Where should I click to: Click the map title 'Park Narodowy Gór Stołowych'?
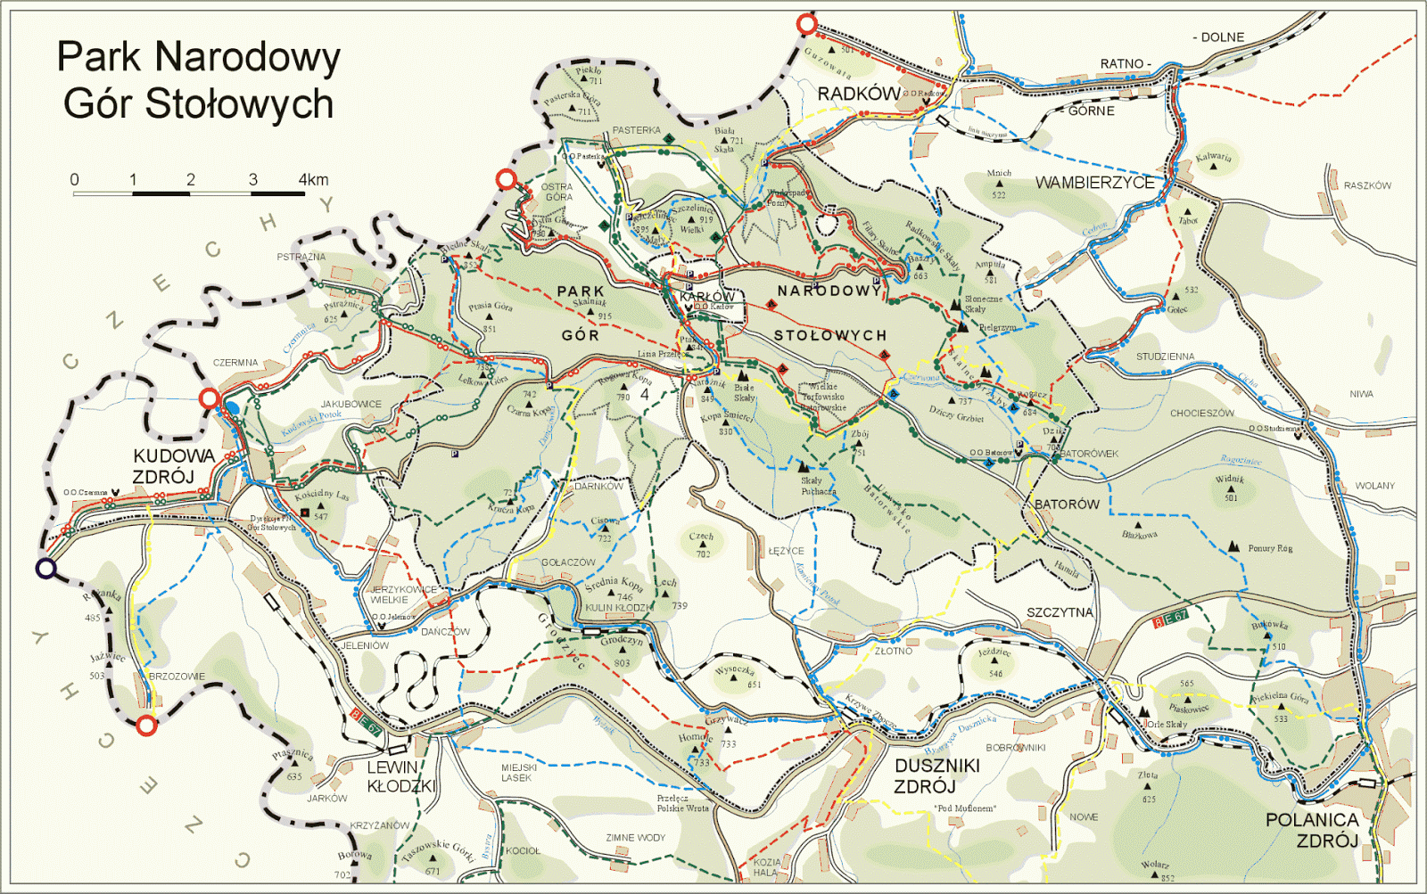pyautogui.click(x=198, y=80)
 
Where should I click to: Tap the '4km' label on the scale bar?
pyautogui.click(x=313, y=179)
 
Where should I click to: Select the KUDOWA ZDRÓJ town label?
pyautogui.click(x=174, y=466)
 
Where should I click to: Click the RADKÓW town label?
pyautogui.click(x=859, y=94)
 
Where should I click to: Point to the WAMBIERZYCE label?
pyautogui.click(x=1094, y=183)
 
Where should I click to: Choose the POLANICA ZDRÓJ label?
pyautogui.click(x=1312, y=830)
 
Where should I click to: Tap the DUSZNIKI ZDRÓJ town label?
pyautogui.click(x=936, y=775)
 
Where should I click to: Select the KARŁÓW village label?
pyautogui.click(x=707, y=296)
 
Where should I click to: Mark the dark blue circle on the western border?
pyautogui.click(x=45, y=568)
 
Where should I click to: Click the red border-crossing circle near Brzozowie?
pyautogui.click(x=147, y=726)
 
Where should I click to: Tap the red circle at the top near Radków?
pyautogui.click(x=807, y=24)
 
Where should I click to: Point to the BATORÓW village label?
pyautogui.click(x=1067, y=504)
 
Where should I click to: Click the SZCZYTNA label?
pyautogui.click(x=1060, y=612)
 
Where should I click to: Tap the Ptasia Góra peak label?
pyautogui.click(x=491, y=307)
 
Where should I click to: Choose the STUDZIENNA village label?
pyautogui.click(x=1165, y=357)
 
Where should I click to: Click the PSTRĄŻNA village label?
pyautogui.click(x=301, y=257)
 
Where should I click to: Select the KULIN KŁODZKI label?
pyautogui.click(x=618, y=608)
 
